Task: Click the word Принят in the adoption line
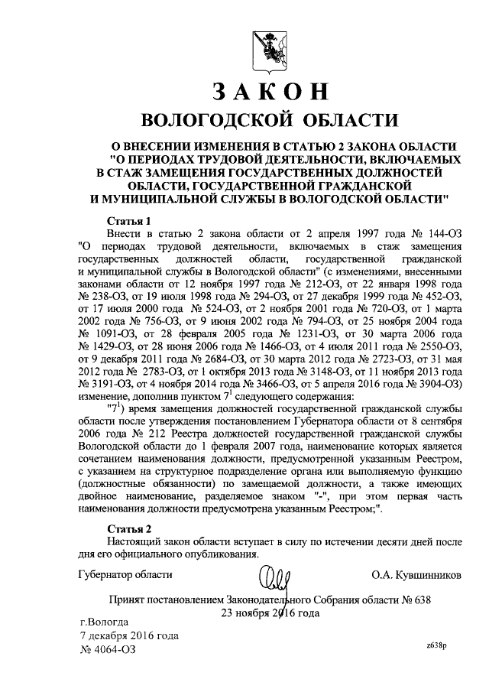pos(127,599)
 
